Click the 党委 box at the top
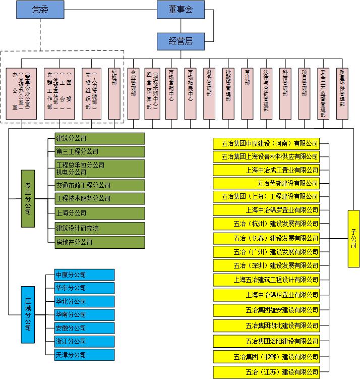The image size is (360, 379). point(40,10)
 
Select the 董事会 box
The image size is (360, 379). point(181,10)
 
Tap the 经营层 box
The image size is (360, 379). point(181,40)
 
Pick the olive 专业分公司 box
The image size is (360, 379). point(28,198)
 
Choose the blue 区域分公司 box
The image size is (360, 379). point(28,314)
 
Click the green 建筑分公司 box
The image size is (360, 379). point(100,138)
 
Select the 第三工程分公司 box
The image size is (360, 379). point(100,151)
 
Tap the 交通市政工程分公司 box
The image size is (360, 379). point(100,185)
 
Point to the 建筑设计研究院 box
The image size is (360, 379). point(100,229)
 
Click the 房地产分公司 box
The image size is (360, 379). point(100,242)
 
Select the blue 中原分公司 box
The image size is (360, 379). point(85,275)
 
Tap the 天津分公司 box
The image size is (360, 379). point(85,355)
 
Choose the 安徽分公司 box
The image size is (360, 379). point(85,328)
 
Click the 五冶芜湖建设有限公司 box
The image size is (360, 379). point(266,183)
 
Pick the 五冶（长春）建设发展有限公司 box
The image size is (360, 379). point(266,238)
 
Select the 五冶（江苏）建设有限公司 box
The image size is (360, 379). point(266,372)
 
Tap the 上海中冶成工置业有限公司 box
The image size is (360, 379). point(266,170)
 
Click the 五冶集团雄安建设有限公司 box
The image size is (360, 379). point(266,310)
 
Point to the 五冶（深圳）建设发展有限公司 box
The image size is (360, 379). point(266,265)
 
